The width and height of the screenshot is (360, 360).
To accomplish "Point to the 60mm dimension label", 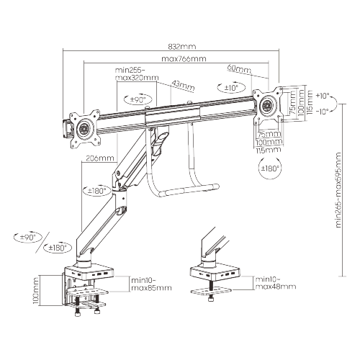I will click(x=239, y=69).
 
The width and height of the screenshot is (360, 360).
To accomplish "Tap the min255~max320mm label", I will click(x=136, y=75).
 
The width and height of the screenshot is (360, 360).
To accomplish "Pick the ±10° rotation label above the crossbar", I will click(x=230, y=88).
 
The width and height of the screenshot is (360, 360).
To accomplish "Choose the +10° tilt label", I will click(x=322, y=95).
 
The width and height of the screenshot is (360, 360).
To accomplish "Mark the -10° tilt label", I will click(x=322, y=111).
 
